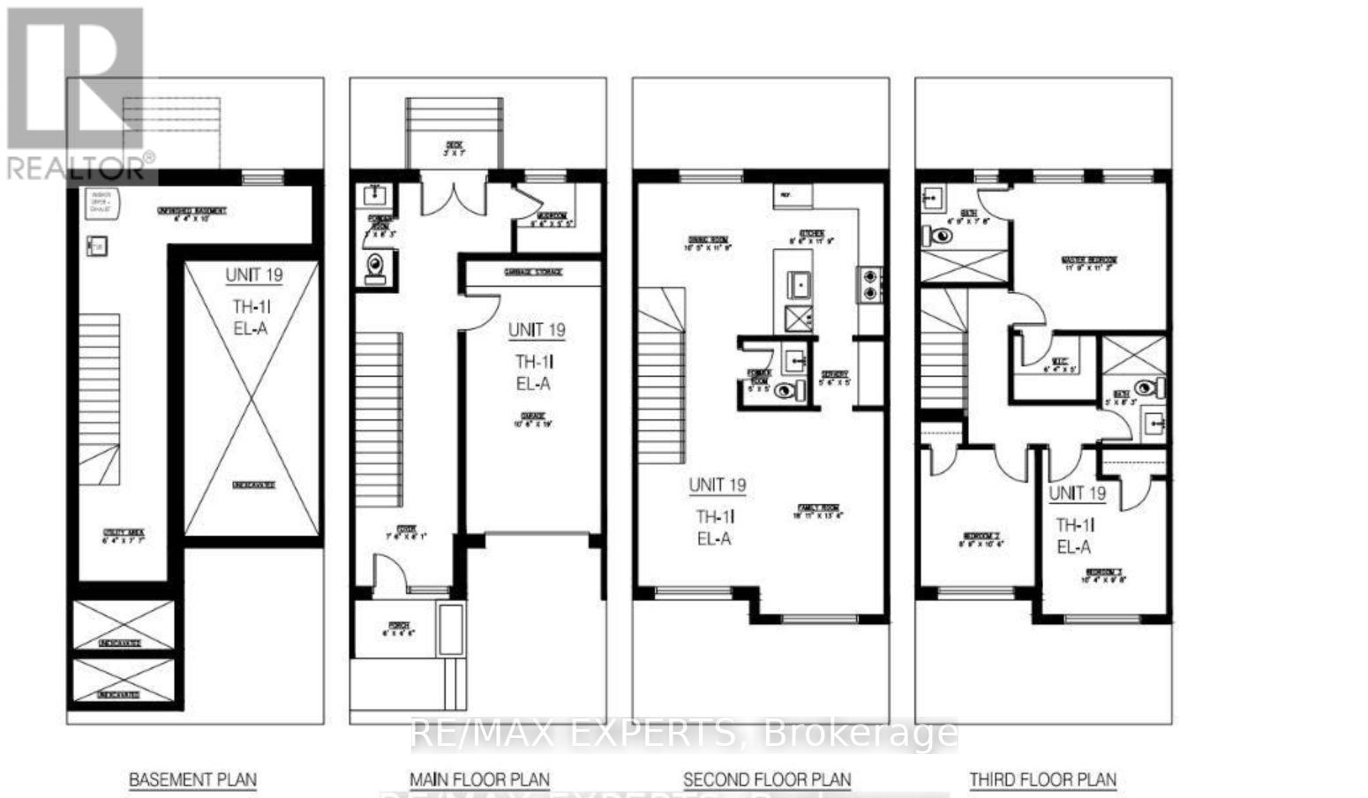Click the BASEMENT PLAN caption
pos(192,780)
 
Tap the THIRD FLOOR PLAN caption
pos(1042,780)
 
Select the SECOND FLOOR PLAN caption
pos(767,780)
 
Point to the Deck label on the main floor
pos(454,148)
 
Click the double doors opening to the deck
pos(454,196)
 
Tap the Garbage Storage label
pos(532,273)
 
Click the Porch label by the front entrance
pos(398,629)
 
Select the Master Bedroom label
pos(1089,263)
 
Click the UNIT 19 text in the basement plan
pos(253,275)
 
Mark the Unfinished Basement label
pos(192,213)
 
